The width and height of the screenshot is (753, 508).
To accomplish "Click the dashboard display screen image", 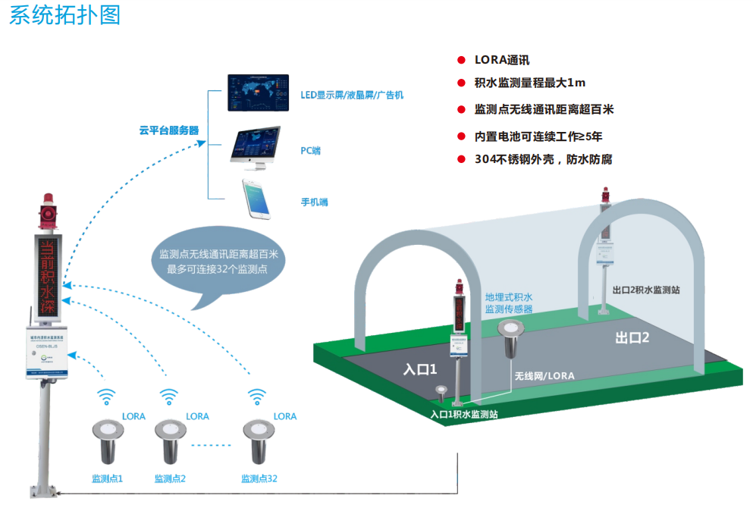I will click(x=259, y=92).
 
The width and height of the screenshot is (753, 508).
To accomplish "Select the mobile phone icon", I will click(x=256, y=196).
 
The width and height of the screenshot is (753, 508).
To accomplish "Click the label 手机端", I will click(x=314, y=202).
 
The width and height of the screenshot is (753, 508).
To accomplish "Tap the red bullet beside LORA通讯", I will click(x=460, y=60).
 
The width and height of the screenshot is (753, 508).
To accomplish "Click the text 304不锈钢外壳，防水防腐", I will click(x=543, y=159).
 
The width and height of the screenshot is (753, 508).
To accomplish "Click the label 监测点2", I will click(x=170, y=478).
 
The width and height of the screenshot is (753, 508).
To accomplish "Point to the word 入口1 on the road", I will click(x=421, y=370).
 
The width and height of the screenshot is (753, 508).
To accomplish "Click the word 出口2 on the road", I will click(x=632, y=338).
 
